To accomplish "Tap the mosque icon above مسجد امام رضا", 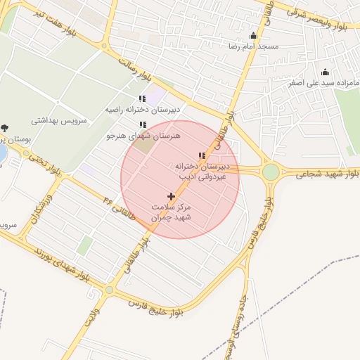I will click(x=253, y=36).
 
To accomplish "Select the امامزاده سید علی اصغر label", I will click(x=323, y=83).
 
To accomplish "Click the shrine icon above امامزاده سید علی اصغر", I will click(x=325, y=72).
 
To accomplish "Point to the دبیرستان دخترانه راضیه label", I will click(x=143, y=110).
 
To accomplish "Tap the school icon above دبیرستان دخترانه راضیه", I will click(x=142, y=99).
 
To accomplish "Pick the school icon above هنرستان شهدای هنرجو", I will click(x=143, y=124).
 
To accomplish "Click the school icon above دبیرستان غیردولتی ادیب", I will click(x=202, y=156).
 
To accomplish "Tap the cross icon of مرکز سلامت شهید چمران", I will click(x=171, y=196).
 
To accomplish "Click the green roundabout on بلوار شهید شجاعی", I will click(x=271, y=172).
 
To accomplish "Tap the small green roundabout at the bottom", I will click(x=109, y=290).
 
